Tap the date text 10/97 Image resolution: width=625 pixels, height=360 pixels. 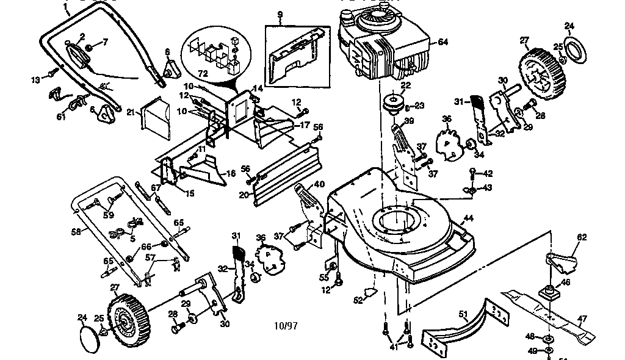coord(286,325)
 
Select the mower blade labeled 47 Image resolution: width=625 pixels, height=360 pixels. coord(549,317)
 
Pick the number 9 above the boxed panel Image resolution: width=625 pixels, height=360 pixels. coord(280,14)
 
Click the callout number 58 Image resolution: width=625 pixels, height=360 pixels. coord(76,232)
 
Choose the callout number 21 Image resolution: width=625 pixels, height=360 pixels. coord(130,112)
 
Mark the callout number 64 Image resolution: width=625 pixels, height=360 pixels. coord(442,42)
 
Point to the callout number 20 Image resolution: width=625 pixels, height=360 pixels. coord(244,195)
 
